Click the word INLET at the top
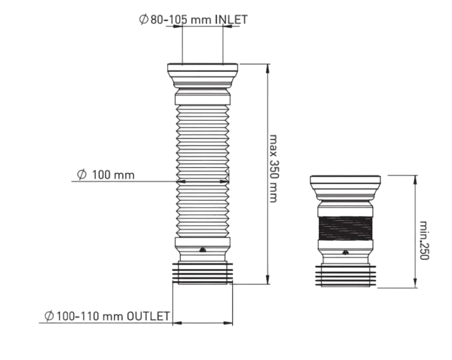pos(231,20)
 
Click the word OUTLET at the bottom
pos(148,316)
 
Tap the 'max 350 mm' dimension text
pos(273,169)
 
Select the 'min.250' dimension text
pos(424,240)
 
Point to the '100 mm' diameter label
pos(113,175)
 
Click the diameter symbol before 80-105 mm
pos(143,20)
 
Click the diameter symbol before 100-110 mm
pos(49,316)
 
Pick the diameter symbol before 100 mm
pos(82,175)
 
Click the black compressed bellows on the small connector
pos(345,228)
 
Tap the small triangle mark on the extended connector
pos(203,250)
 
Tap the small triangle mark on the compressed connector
pos(345,253)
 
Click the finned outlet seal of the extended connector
pos(203,273)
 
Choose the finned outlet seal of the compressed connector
pos(345,275)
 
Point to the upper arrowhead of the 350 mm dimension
pos(268,68)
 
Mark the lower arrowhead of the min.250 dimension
pos(415,283)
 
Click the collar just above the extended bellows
pos(203,97)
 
